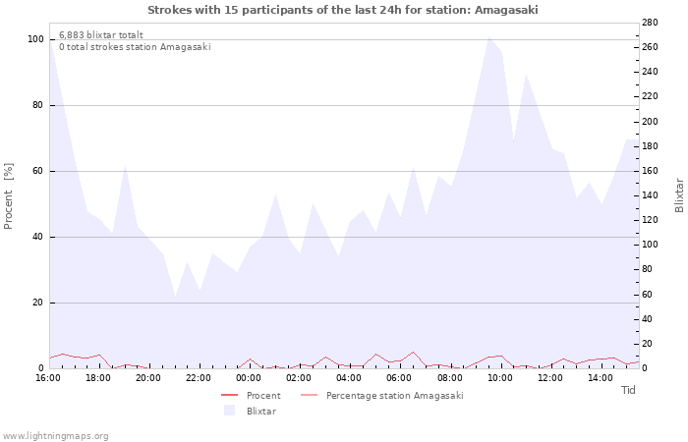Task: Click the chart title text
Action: coord(343,10)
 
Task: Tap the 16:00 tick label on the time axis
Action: coord(48,377)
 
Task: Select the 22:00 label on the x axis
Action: coord(199,377)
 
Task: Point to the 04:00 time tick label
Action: coord(350,377)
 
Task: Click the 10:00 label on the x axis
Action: coord(500,377)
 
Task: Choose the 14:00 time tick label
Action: coord(601,377)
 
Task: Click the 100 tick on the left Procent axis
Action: coord(36,39)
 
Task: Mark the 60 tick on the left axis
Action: coord(38,171)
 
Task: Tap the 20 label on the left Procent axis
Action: coord(38,303)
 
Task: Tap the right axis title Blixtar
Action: coord(679,195)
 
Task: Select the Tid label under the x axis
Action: coord(629,390)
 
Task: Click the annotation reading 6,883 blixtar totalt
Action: coord(101,34)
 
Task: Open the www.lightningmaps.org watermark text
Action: coord(56,435)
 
